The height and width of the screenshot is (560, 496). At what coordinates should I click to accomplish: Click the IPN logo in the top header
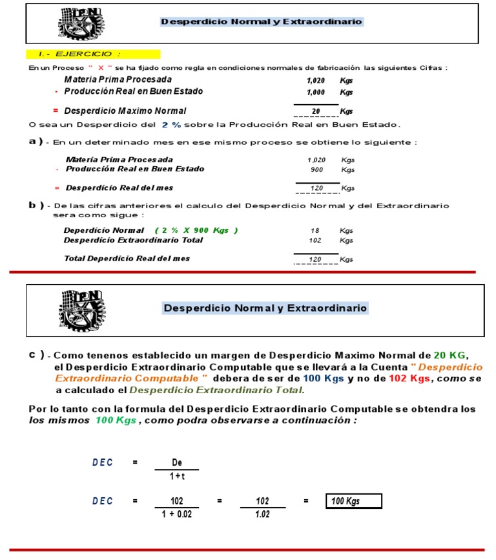pos(80,23)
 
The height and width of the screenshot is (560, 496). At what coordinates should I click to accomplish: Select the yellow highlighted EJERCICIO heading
pos(93,54)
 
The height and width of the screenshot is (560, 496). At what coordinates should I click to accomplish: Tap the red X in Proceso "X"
pos(101,68)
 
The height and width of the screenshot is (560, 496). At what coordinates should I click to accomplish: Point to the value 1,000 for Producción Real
pos(316,92)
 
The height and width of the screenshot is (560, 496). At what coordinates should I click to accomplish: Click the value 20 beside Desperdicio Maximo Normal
pos(316,111)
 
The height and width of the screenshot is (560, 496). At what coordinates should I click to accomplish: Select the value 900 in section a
pos(316,169)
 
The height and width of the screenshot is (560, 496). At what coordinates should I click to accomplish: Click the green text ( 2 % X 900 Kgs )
pos(196,231)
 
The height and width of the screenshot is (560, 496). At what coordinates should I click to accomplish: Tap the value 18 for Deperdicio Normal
pos(315,231)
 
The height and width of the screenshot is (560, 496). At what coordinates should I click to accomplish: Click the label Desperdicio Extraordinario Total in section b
pos(133,241)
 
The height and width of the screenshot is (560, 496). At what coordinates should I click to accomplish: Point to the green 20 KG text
pos(449,356)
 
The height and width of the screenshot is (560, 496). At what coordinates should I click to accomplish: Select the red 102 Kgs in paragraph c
pos(409,379)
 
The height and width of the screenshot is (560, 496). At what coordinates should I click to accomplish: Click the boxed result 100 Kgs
pos(354,501)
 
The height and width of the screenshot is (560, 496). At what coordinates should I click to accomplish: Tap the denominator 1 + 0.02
pos(176,515)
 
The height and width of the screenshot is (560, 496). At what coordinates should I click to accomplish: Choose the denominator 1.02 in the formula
pos(262,515)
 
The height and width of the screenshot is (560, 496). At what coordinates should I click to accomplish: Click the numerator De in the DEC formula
pos(176,462)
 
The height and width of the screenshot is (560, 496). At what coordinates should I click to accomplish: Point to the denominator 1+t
pos(176,476)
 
